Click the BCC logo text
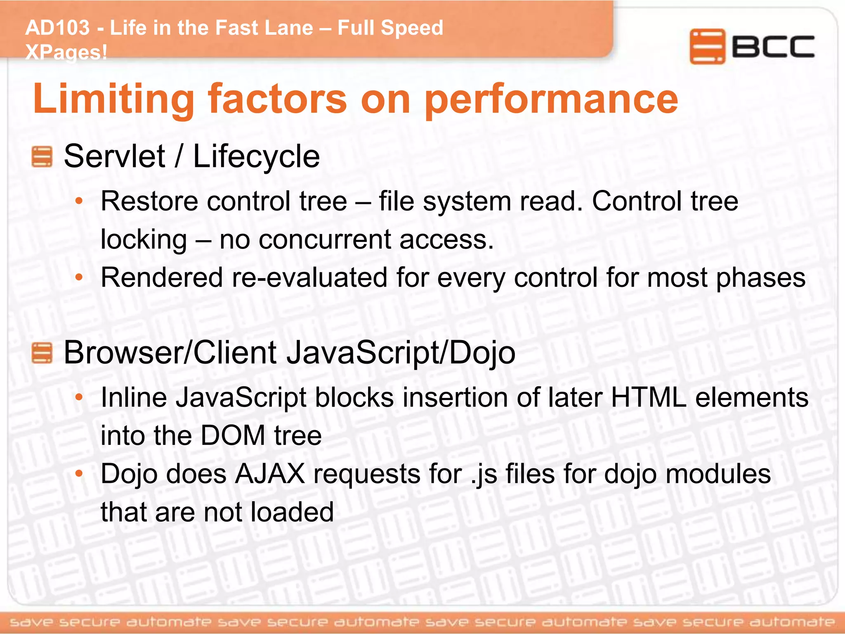tap(773, 47)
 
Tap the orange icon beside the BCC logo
tap(707, 46)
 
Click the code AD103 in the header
tap(57, 28)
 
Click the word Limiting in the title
tap(113, 99)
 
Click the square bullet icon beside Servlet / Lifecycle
tap(42, 157)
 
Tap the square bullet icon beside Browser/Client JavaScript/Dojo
tap(42, 353)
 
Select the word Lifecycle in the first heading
tap(256, 157)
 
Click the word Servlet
tap(115, 157)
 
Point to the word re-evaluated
tap(310, 277)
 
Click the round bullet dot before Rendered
tap(79, 277)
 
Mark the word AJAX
tap(270, 474)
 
